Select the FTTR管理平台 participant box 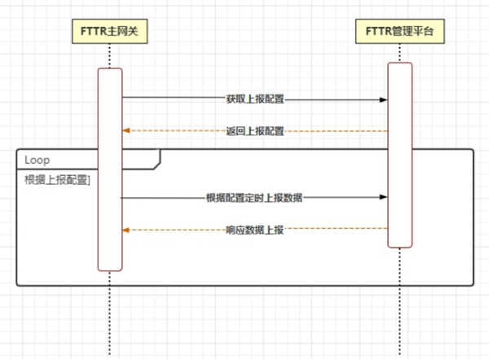399,31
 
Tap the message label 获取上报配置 255,99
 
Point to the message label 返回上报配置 255,130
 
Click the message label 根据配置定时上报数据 255,197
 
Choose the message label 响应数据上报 255,230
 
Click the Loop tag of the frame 38,159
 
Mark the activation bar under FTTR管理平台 399,155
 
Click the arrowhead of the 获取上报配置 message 382,99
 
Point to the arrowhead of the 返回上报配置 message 126,130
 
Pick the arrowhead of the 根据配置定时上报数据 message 382,197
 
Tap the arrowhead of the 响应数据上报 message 126,230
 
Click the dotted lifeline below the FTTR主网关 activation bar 110,318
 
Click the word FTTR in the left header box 93,31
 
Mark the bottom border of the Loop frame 244,285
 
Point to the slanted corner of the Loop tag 157,164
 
